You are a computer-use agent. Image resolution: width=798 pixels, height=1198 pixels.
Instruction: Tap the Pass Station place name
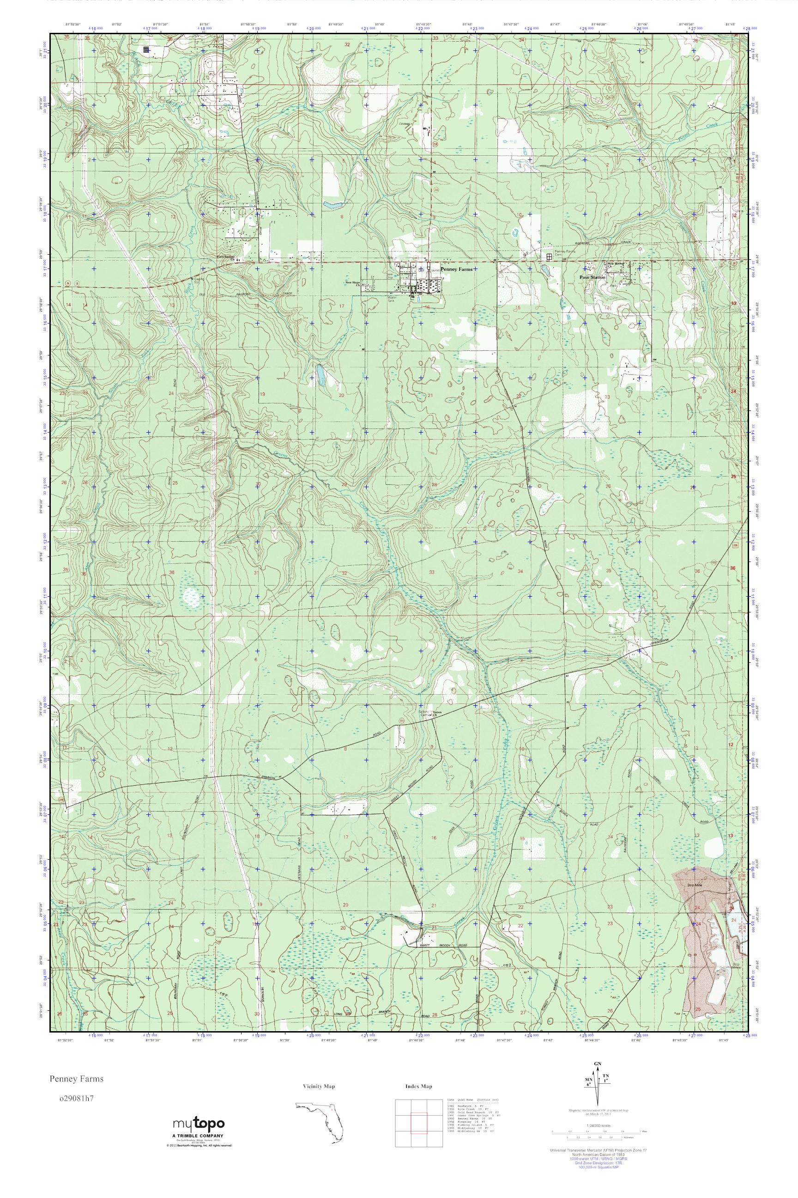(592, 278)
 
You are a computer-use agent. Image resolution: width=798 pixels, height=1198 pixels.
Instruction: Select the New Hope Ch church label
(353, 283)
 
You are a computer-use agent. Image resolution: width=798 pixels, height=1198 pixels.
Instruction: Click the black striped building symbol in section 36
(146, 49)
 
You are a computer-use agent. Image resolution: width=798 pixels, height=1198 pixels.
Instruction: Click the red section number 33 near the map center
(432, 572)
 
